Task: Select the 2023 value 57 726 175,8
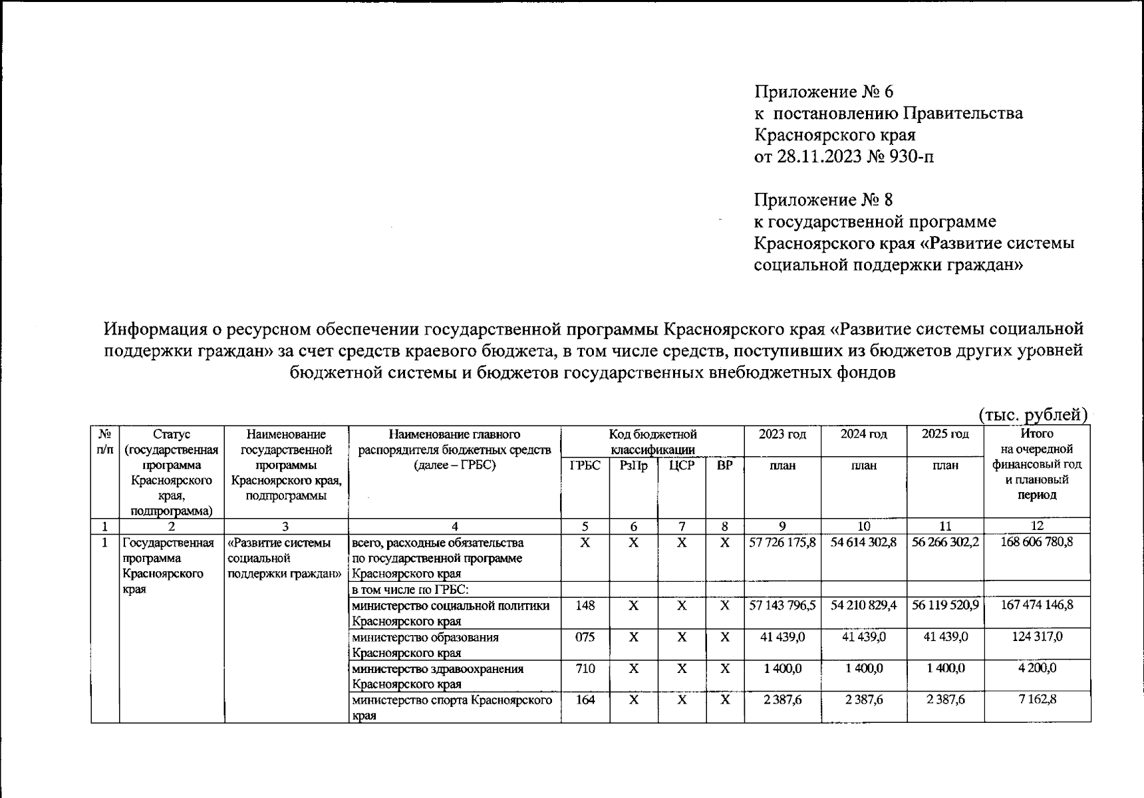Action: point(782,543)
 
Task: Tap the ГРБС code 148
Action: point(585,606)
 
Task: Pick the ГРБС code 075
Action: point(585,637)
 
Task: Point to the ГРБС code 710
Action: point(585,668)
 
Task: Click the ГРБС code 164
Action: point(585,700)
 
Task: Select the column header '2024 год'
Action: point(863,435)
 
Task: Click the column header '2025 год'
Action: point(944,435)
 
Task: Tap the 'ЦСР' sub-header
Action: point(682,466)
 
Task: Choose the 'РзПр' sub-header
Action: point(633,466)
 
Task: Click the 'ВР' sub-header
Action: point(725,466)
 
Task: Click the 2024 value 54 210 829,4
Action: point(863,606)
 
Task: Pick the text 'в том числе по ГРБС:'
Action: point(410,590)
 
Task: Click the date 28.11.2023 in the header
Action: point(815,157)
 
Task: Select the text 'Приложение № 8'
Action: point(823,199)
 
